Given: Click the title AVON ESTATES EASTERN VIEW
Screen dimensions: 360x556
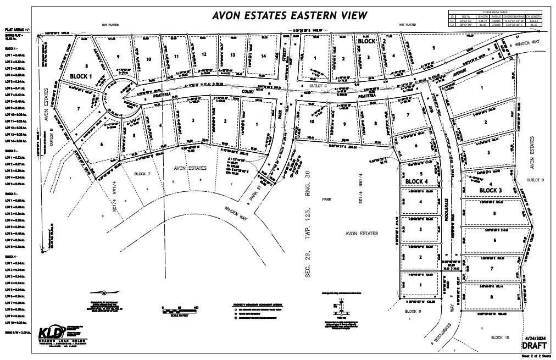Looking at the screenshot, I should tap(290, 15).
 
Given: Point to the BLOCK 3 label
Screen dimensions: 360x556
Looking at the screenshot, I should tap(490, 190).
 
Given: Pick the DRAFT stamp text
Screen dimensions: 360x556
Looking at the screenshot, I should tap(534, 346).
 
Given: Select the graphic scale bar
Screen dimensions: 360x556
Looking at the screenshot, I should tap(180, 311).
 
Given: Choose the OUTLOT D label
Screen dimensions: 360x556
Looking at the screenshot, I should tap(534, 180).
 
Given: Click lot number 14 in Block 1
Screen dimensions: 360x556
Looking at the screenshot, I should tap(264, 56).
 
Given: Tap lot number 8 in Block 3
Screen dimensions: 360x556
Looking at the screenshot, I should tap(492, 297).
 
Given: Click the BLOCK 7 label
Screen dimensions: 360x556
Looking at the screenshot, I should tap(142, 174).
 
